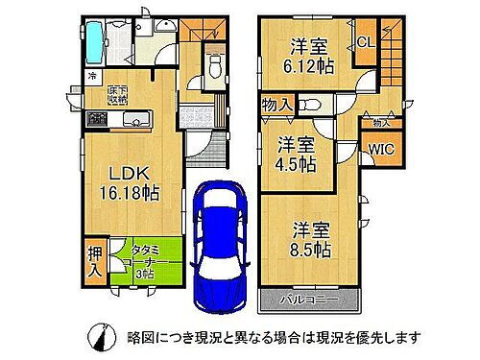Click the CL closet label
coord(367,41)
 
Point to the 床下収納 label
coord(115,90)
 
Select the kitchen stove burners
coord(97,119)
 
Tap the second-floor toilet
coord(309,105)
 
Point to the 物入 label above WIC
coord(381,122)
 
